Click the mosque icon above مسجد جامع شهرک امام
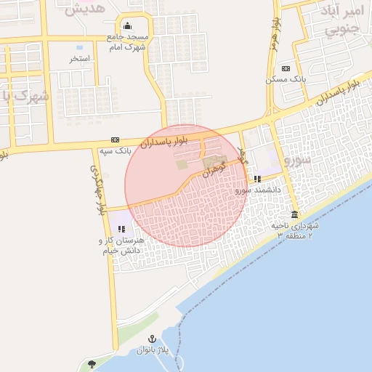point(128,27)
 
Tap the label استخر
point(79,59)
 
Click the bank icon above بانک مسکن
point(286,68)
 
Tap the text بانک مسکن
point(295,78)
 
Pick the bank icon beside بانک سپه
point(115,139)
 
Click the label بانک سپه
point(115,152)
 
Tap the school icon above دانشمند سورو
point(257,179)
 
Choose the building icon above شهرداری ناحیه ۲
point(294,215)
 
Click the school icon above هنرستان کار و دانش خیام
point(121,229)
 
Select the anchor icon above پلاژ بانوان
point(153,339)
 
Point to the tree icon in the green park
point(92,363)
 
